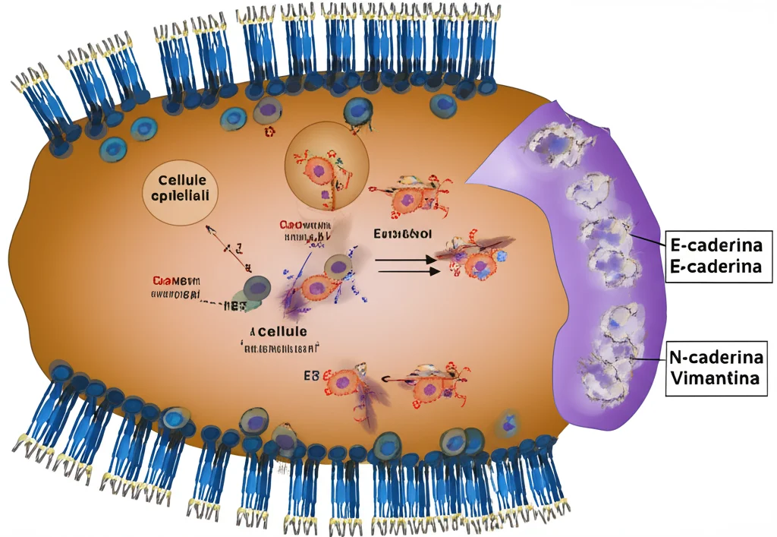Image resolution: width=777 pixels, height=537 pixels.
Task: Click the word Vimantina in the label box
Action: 713,377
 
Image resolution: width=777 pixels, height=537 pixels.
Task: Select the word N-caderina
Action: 713,355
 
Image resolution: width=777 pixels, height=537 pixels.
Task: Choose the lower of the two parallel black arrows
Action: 407,270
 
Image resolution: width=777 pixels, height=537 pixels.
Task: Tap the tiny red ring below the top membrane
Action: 269,132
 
